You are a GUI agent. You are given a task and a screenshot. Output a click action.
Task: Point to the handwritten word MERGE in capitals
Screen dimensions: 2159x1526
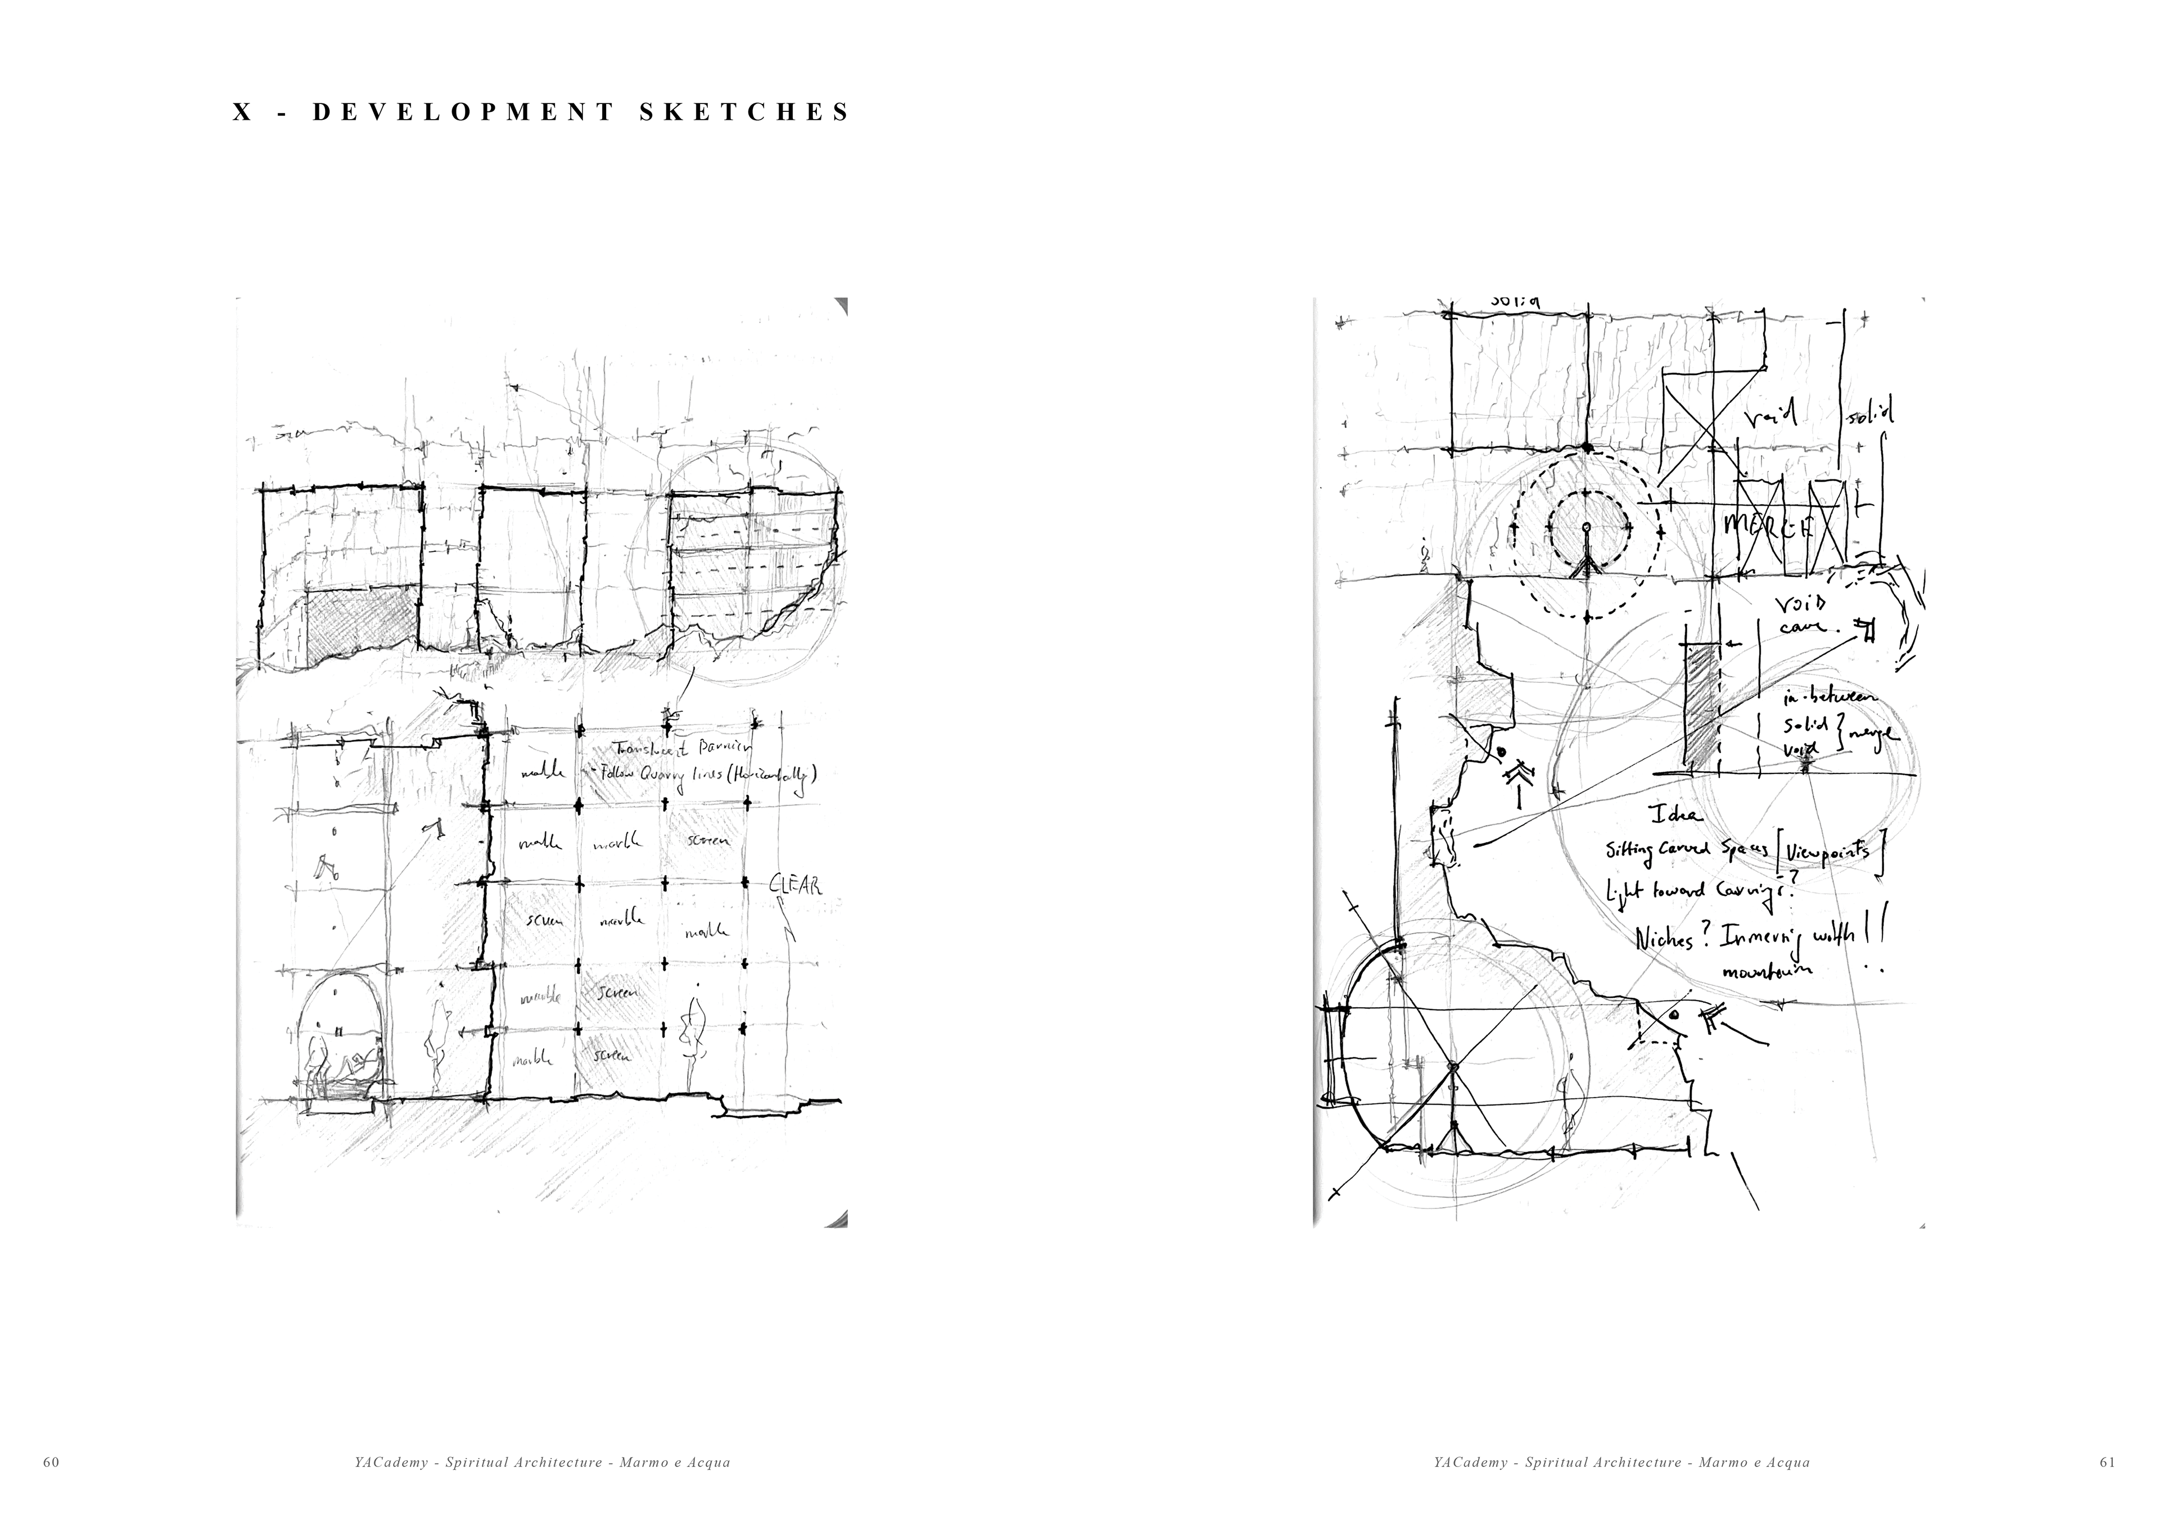tap(1768, 527)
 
